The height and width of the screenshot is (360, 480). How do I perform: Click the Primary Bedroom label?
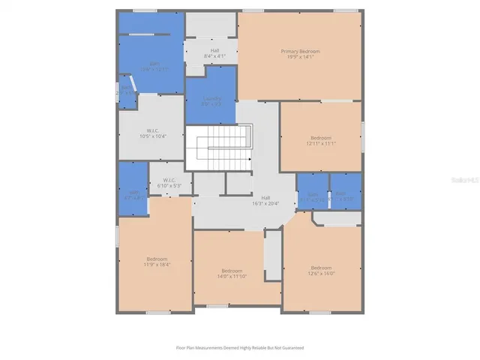point(300,53)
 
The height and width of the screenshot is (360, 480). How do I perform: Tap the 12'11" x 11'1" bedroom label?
point(321,140)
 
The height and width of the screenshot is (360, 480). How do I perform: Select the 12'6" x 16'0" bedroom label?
point(321,271)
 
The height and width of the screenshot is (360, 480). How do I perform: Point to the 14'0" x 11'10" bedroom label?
point(232,273)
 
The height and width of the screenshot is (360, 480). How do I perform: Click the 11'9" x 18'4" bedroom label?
point(156,261)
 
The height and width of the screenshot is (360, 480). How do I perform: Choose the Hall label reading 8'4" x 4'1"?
point(211,53)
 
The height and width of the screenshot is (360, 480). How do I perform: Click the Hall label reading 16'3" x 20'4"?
point(265,200)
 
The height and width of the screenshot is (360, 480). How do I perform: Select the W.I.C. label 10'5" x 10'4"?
point(151,133)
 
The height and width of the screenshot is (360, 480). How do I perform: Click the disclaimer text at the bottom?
point(239,348)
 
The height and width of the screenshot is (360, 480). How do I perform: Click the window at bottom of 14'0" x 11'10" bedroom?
point(217,306)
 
